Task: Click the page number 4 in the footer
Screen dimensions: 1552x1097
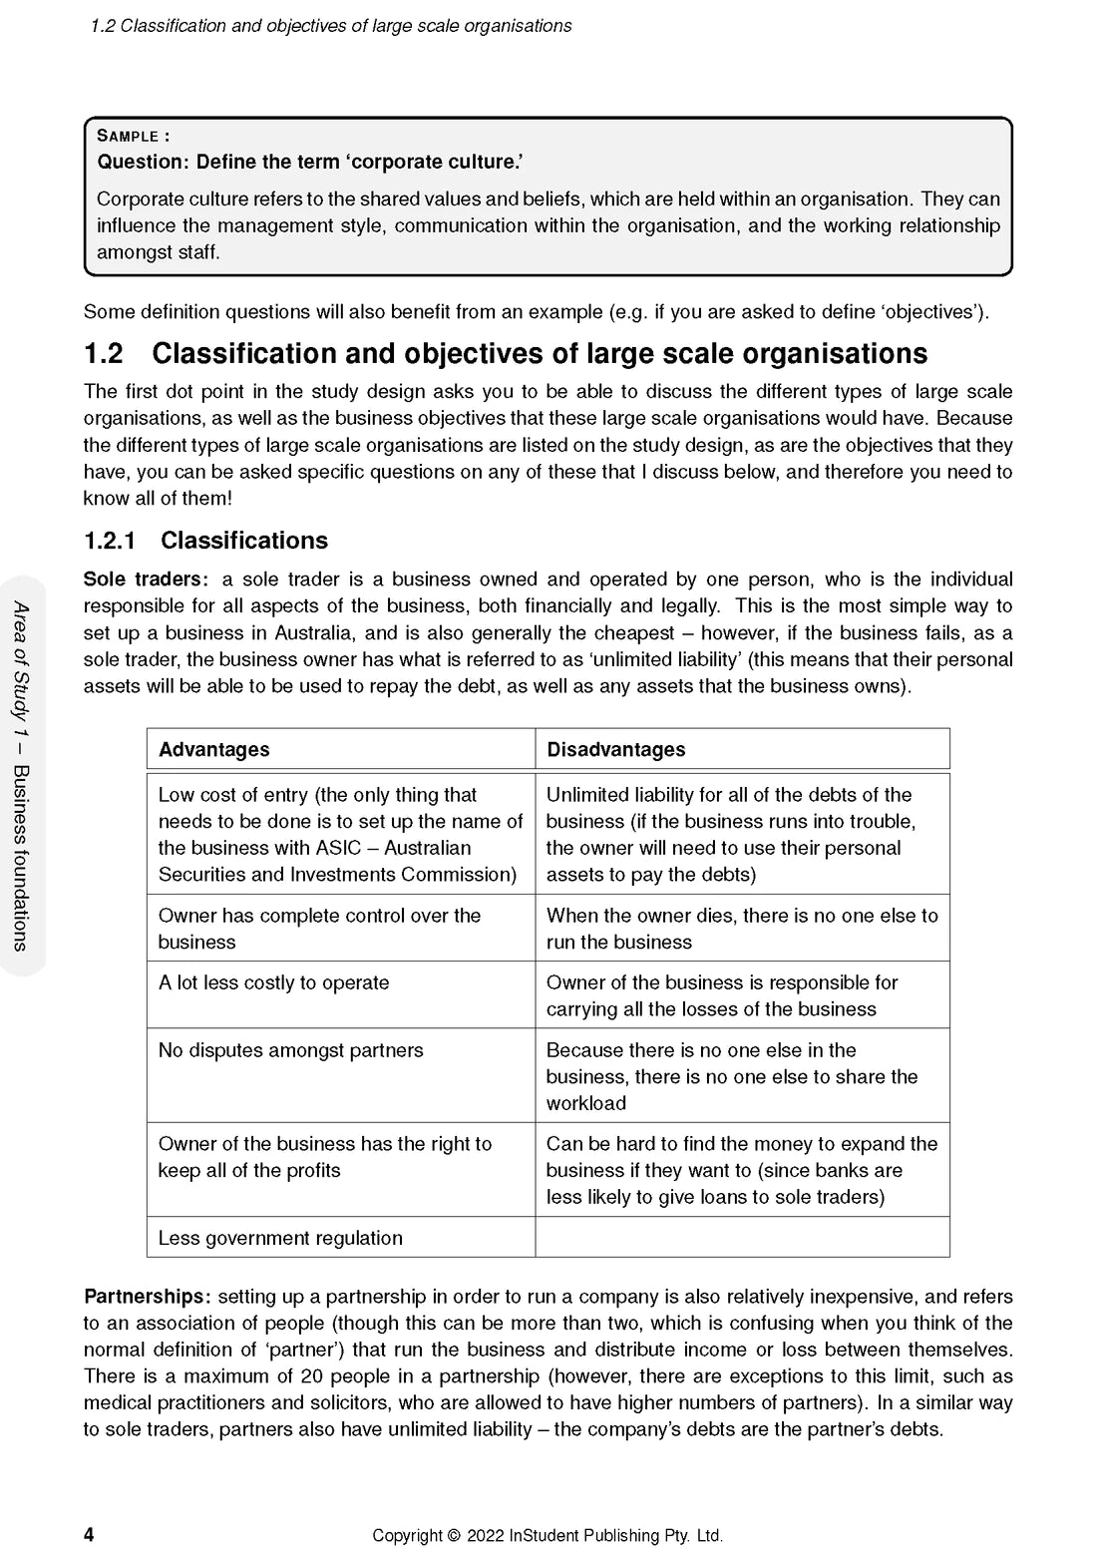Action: click(89, 1535)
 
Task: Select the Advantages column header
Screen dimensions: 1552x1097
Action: click(213, 749)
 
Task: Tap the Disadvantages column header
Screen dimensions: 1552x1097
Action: click(615, 749)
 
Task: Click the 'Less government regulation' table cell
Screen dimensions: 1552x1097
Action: click(280, 1238)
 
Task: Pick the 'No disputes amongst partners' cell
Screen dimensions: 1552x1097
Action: click(290, 1050)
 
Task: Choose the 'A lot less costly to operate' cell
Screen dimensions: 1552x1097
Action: click(273, 982)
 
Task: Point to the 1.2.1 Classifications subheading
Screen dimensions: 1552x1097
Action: click(205, 541)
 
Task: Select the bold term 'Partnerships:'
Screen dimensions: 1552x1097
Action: click(147, 1297)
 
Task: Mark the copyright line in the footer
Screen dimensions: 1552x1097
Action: click(548, 1536)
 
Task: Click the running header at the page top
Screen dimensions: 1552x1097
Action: click(330, 26)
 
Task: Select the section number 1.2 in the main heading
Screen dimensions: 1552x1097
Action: click(103, 354)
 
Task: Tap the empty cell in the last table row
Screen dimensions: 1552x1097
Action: click(742, 1238)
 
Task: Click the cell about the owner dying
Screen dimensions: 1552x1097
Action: click(742, 929)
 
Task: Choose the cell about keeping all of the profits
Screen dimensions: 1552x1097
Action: click(324, 1157)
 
